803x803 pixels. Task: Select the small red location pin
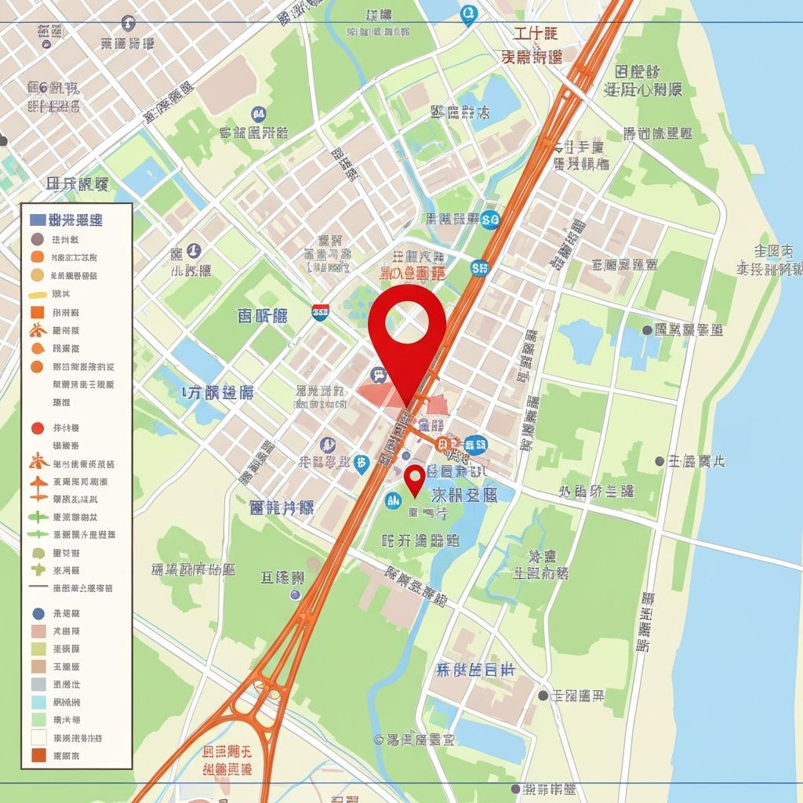[415, 478]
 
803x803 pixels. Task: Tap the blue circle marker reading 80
[491, 220]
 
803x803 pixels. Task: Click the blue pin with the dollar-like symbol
[361, 463]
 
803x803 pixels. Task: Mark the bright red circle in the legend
[37, 428]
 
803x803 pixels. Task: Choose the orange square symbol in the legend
[37, 312]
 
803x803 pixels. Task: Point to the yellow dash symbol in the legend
[37, 295]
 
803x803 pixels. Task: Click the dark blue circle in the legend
[37, 613]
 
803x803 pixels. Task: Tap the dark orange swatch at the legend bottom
[37, 755]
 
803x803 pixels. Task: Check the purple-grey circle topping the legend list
[37, 239]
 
